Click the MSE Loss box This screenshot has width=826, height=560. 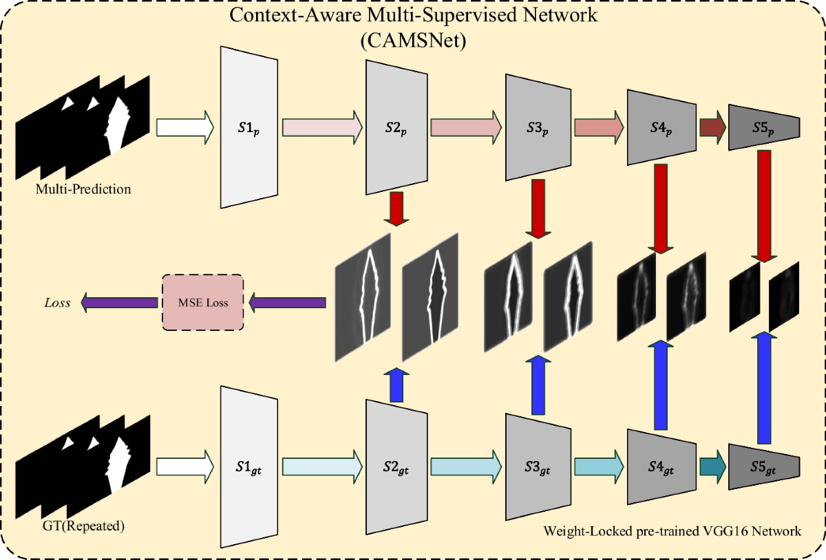[x=203, y=302]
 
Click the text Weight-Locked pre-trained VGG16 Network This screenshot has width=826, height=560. [x=673, y=531]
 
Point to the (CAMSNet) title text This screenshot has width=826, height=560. [x=413, y=41]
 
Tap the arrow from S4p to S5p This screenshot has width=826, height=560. [x=712, y=127]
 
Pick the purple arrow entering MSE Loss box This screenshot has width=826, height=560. [x=287, y=302]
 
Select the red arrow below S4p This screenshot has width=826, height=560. [x=660, y=209]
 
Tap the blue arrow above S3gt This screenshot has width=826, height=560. [x=537, y=385]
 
